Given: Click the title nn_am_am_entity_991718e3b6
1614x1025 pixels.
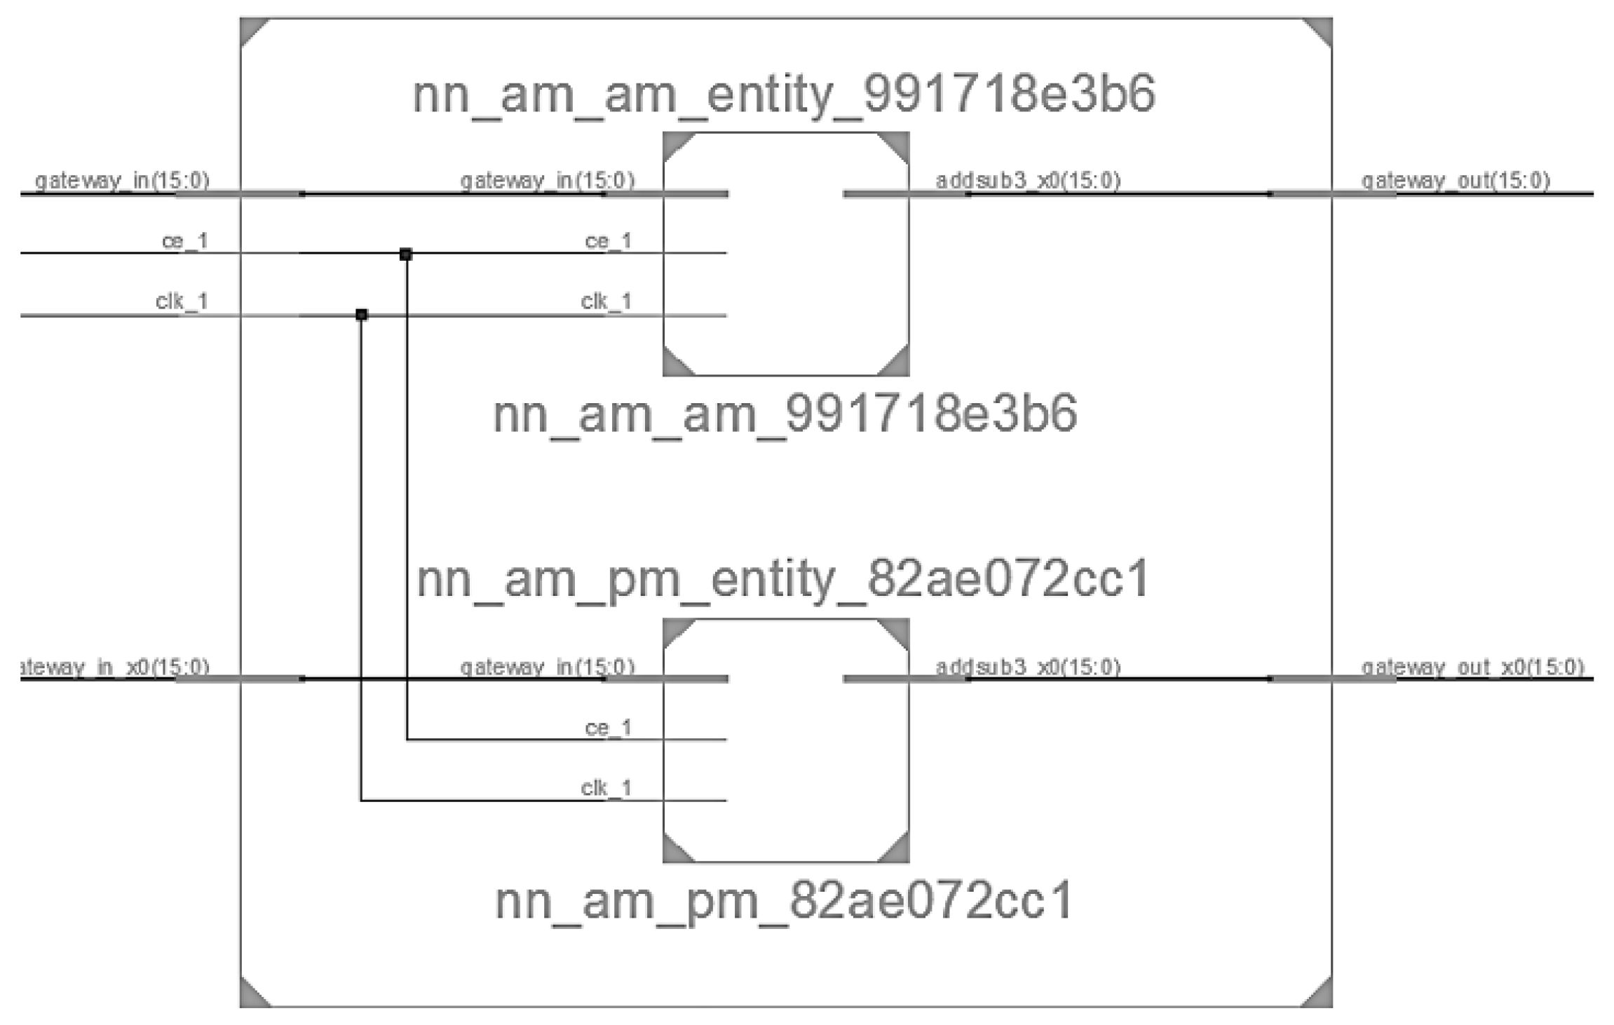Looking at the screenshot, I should point(783,94).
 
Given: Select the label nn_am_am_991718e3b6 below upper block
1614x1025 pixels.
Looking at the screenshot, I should point(785,414).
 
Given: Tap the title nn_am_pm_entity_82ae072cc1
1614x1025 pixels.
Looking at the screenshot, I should point(783,580).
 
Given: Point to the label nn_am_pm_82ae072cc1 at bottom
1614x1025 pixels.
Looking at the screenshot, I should point(785,901).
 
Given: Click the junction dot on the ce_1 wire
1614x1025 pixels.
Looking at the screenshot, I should point(405,254).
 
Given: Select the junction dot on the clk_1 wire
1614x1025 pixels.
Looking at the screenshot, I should point(361,315).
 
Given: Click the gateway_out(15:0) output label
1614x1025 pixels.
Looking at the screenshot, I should point(1455,181).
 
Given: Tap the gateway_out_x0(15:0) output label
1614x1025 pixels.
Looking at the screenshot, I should point(1472,667).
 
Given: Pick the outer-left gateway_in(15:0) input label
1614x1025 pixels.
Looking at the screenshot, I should point(122,181).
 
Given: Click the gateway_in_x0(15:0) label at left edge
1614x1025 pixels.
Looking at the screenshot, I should point(116,667).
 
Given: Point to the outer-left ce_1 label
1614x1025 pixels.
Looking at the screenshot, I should point(185,241).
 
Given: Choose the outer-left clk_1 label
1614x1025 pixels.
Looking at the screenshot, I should point(182,301).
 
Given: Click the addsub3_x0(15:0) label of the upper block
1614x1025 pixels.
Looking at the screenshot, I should point(1028,181).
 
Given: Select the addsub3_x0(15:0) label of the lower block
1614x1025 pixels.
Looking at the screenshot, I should point(1028,667).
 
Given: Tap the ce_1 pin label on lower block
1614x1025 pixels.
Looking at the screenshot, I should point(608,728).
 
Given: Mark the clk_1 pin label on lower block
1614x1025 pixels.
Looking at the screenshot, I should point(606,788).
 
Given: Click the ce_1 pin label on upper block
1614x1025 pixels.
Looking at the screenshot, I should point(608,241).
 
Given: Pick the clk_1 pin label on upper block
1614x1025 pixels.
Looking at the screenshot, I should point(606,301).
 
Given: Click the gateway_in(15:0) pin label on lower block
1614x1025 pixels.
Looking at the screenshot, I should point(547,667).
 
